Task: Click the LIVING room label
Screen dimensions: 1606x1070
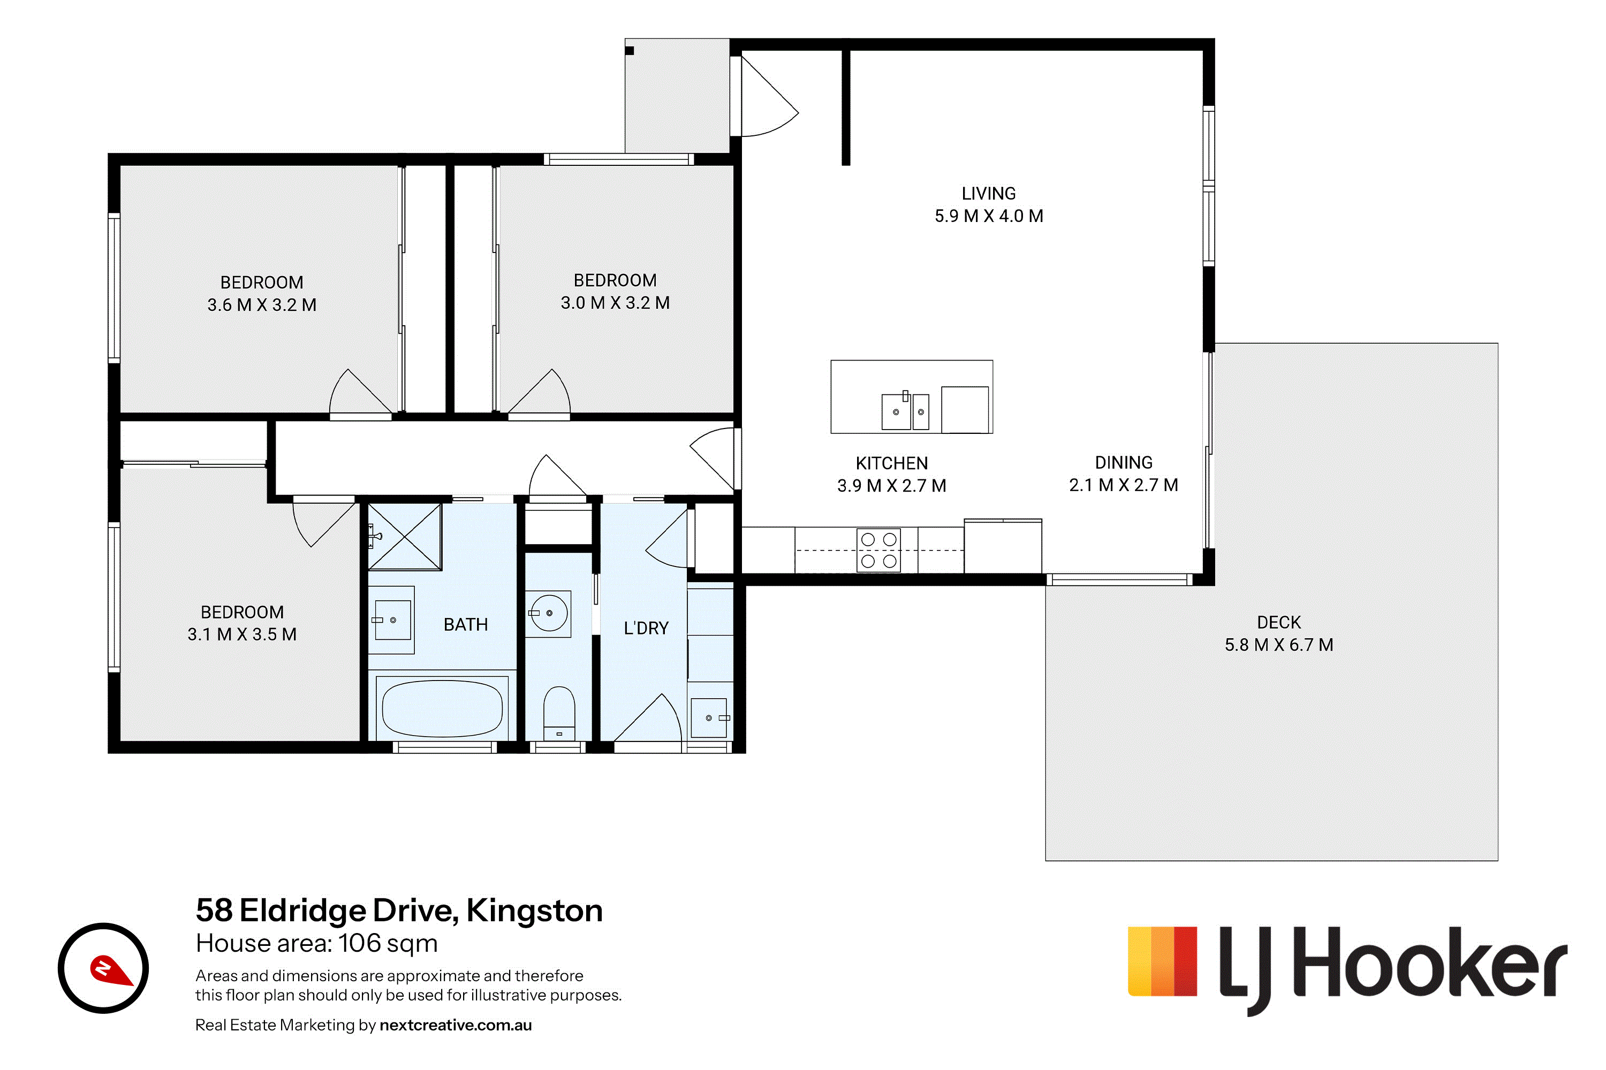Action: click(989, 194)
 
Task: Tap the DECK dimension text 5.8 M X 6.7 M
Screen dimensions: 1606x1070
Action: click(1279, 645)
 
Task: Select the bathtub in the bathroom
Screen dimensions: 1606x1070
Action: click(443, 708)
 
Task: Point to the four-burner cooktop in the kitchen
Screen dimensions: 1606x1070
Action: click(879, 550)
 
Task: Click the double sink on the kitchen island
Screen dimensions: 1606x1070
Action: click(905, 411)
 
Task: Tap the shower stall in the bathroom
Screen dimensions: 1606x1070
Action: click(405, 537)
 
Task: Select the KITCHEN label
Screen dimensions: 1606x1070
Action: click(892, 463)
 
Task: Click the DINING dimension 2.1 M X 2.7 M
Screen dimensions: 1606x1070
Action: click(1124, 485)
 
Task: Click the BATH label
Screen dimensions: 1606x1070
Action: click(466, 625)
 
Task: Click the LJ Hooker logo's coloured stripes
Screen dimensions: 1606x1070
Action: click(1162, 961)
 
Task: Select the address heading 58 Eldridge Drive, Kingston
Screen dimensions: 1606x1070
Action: click(399, 911)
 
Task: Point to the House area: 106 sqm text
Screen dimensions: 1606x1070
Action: click(317, 944)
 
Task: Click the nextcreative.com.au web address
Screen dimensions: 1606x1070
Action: click(456, 1025)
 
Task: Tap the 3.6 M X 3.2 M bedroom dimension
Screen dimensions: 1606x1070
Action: click(262, 305)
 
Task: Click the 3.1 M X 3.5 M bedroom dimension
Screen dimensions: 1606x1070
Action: click(243, 635)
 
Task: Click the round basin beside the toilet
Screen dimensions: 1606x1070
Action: click(549, 613)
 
